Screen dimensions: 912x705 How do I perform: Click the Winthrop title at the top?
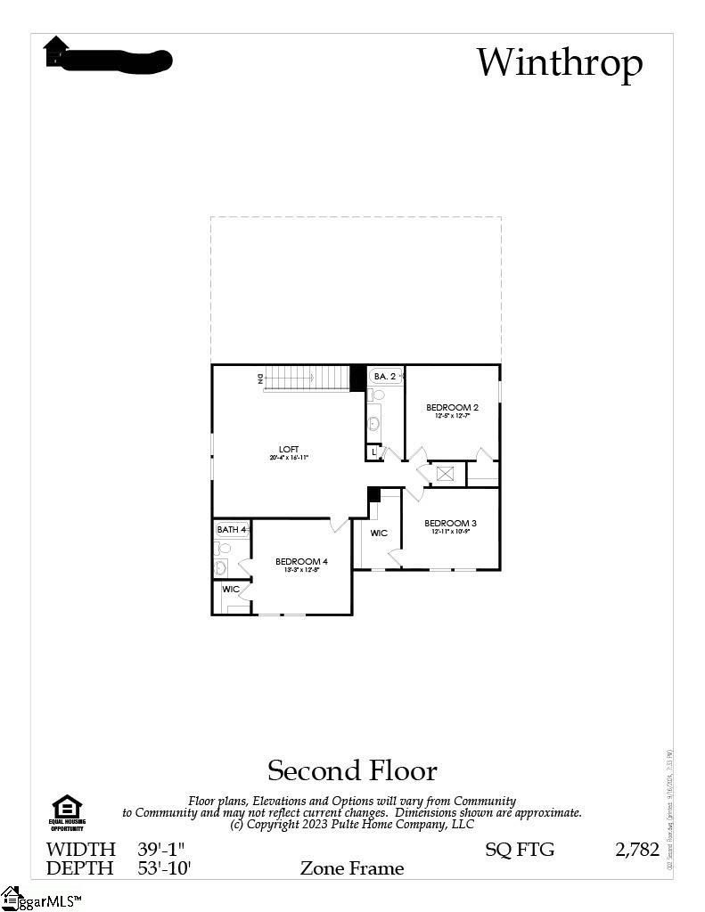tap(559, 63)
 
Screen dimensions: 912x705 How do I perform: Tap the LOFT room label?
tap(289, 449)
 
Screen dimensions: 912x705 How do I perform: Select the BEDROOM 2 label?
tap(452, 408)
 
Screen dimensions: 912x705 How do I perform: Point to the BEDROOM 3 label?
tap(450, 523)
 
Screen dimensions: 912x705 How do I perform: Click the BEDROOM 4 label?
tap(301, 561)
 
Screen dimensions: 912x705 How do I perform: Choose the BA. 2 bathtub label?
tap(385, 377)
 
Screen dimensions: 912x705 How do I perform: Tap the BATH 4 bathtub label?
tap(231, 530)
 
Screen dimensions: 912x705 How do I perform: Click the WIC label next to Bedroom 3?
tap(379, 533)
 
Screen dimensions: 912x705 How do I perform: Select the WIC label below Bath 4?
tap(231, 590)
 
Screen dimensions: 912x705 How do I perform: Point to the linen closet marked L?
tap(373, 452)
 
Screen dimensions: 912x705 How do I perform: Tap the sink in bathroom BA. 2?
tap(374, 422)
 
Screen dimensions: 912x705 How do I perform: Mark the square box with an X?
tap(446, 473)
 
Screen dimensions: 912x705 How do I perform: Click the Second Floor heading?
tap(352, 770)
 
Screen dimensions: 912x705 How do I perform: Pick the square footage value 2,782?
tap(636, 850)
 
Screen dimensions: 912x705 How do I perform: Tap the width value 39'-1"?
tap(161, 850)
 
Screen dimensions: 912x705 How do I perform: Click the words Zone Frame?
tap(351, 868)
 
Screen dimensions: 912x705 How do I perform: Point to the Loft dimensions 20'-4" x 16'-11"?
tap(289, 458)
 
